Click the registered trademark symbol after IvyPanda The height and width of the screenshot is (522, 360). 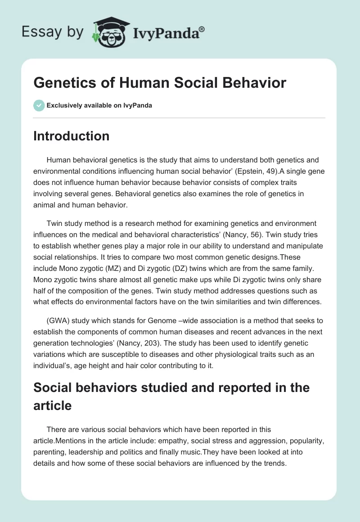point(202,30)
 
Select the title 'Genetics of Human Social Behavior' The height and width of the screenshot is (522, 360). point(160,83)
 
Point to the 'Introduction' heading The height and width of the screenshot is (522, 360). point(71,136)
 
